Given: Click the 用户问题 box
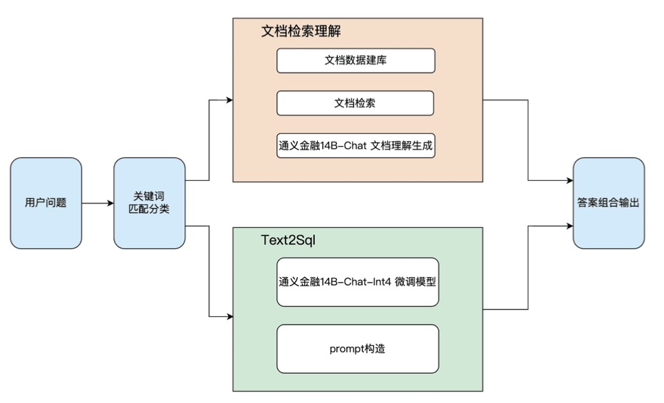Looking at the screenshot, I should [x=46, y=203].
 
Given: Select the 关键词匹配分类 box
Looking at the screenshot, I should [x=150, y=203].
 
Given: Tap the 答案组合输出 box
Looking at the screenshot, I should [x=608, y=203].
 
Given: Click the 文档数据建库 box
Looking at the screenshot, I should [x=356, y=61].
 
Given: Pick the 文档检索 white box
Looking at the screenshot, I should [x=356, y=103].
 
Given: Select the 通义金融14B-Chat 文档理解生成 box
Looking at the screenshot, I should [x=356, y=145].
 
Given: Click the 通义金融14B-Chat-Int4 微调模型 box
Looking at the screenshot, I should [x=358, y=282].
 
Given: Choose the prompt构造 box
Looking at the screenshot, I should [x=358, y=349].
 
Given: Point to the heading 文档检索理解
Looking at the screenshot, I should [x=304, y=32].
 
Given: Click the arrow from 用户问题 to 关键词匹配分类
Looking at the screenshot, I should [x=98, y=204].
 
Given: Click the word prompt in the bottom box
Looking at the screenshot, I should [x=345, y=350].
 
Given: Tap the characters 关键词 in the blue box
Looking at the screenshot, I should [x=150, y=196].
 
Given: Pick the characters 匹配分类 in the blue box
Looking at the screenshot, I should [x=150, y=209].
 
